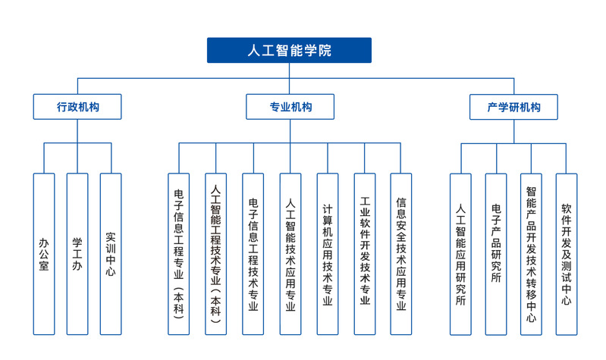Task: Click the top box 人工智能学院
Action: [289, 50]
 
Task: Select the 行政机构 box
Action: [77, 107]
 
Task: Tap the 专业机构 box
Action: [290, 107]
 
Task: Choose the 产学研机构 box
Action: [513, 107]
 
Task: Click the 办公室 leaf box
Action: [44, 254]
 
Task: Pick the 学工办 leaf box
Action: [77, 254]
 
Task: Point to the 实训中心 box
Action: [111, 254]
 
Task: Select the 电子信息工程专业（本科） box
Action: [178, 254]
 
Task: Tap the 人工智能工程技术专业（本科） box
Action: [215, 254]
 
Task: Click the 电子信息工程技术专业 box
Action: [253, 254]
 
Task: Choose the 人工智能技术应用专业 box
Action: [290, 254]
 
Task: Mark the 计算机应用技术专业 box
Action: [328, 254]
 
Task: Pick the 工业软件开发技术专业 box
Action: [365, 254]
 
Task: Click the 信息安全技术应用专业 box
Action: [401, 254]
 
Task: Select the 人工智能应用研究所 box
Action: [460, 254]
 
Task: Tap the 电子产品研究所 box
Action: [496, 254]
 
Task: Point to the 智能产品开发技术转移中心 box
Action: [531, 254]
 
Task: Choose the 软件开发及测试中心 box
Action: [567, 254]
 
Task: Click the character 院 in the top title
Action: [325, 50]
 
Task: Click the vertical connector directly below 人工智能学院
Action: [290, 78]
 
